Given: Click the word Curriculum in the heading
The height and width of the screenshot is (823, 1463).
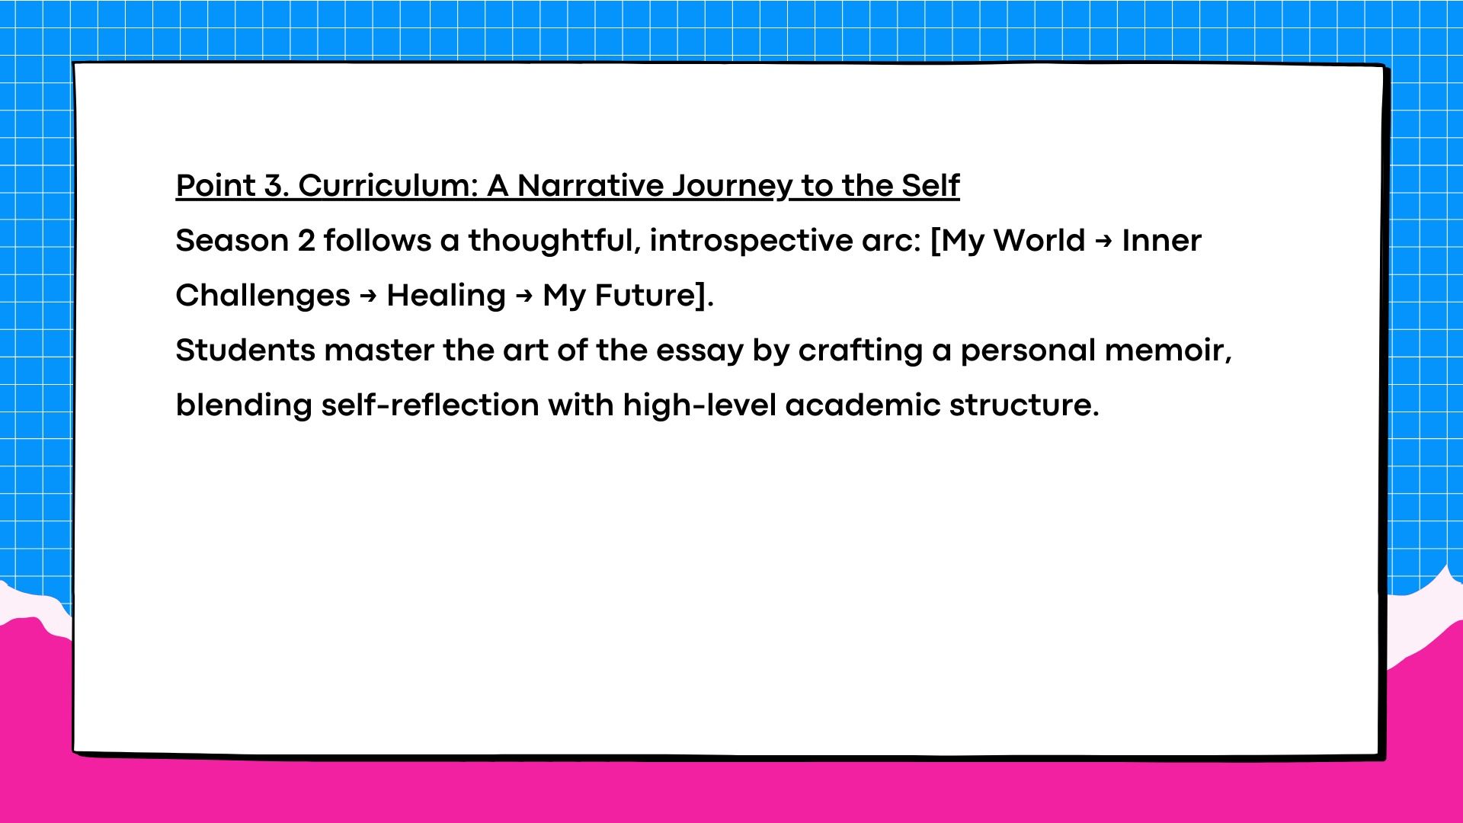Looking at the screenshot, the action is [388, 185].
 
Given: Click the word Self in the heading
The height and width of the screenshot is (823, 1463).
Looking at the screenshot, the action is [931, 185].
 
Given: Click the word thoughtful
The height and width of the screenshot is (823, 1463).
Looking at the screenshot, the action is [554, 242].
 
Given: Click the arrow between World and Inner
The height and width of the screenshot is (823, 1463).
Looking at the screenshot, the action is [1103, 242].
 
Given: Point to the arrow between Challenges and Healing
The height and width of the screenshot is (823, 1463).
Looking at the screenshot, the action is [368, 296].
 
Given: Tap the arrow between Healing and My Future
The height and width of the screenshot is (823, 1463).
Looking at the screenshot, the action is [524, 296].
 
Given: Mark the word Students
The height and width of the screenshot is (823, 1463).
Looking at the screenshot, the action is [245, 351].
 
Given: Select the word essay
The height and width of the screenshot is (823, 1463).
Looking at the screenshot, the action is [699, 353].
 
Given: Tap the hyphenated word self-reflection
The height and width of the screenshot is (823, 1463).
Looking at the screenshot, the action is [430, 405].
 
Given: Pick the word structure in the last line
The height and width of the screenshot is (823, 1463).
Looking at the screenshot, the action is [1024, 405].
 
